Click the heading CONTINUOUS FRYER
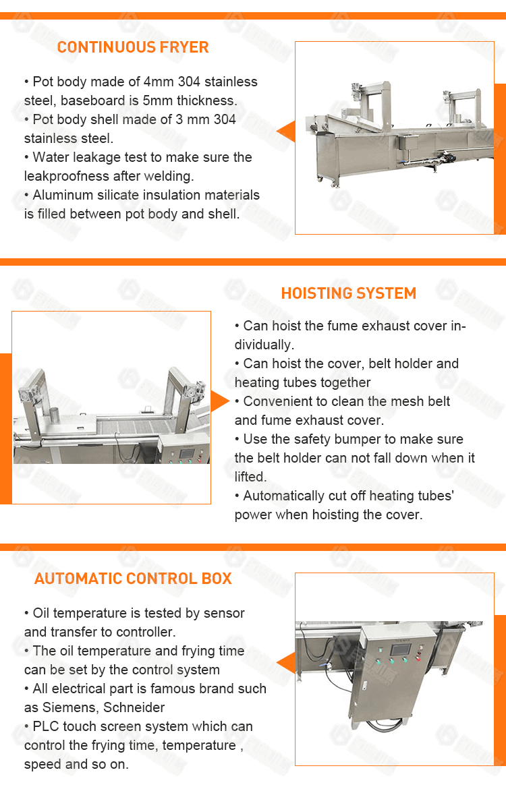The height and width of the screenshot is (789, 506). click(x=133, y=47)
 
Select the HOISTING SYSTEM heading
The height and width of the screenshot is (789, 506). click(x=348, y=293)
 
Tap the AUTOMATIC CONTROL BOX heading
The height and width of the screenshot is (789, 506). click(x=133, y=579)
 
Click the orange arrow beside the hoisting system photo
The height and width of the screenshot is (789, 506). click(x=219, y=401)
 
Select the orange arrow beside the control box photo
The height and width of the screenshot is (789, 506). click(x=286, y=662)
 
